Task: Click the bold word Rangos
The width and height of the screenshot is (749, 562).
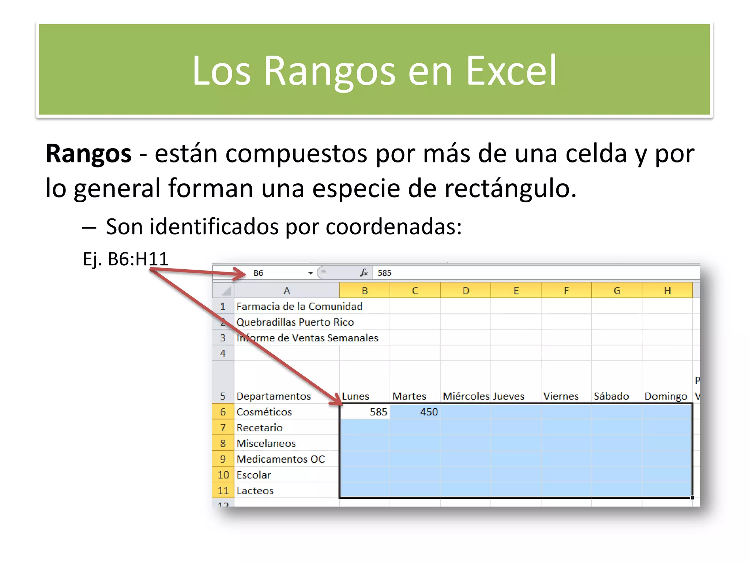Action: tap(88, 154)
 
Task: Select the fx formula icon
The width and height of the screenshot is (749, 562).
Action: tap(364, 273)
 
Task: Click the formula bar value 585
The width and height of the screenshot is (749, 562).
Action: tap(384, 273)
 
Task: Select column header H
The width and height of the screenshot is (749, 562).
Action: tap(667, 291)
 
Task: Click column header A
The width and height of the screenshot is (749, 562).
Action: tap(287, 291)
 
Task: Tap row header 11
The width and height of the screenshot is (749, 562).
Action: tap(223, 491)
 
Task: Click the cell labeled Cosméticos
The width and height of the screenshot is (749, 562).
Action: tap(264, 412)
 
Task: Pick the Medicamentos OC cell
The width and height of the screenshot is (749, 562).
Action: tap(281, 459)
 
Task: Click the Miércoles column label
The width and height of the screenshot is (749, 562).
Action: tap(466, 396)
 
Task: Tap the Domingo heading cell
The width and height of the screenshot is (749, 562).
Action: tap(666, 396)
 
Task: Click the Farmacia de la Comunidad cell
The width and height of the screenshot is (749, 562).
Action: tap(299, 307)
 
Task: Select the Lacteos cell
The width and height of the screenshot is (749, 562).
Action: tap(255, 491)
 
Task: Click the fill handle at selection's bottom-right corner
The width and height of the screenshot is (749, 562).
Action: tap(692, 498)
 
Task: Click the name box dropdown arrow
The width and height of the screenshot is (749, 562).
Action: tap(310, 273)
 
